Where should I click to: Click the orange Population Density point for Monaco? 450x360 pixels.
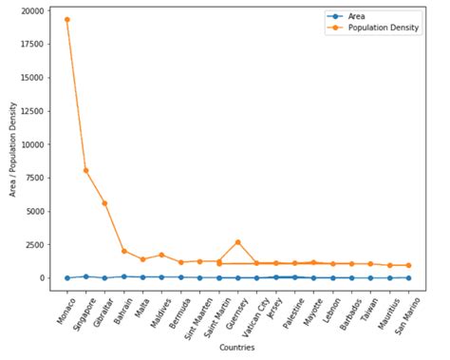tap(66, 19)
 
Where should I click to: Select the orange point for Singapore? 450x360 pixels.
tap(85, 170)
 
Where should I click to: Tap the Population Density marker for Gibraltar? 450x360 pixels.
tap(104, 203)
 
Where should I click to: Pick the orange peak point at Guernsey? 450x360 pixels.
tap(237, 242)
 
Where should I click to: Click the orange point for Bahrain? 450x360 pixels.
tap(123, 251)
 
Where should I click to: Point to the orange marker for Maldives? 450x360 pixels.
tap(161, 255)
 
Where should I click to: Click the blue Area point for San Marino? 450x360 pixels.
tap(408, 277)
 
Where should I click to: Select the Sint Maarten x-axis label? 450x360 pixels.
tap(194, 311)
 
